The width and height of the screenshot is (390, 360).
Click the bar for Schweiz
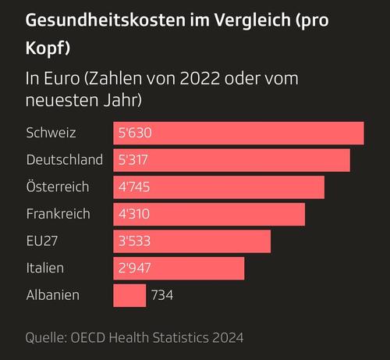pyautogui.click(x=239, y=133)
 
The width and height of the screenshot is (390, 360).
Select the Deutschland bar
pyautogui.click(x=232, y=160)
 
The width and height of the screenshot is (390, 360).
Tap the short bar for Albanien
pyautogui.click(x=129, y=295)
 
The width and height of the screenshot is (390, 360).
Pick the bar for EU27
pyautogui.click(x=192, y=241)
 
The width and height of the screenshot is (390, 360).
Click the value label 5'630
pyautogui.click(x=135, y=133)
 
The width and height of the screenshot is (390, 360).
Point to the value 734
pyautogui.click(x=162, y=295)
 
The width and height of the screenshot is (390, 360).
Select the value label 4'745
pyautogui.click(x=134, y=187)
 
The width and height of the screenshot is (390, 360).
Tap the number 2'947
pyautogui.click(x=134, y=268)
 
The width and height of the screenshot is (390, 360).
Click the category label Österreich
pyautogui.click(x=58, y=187)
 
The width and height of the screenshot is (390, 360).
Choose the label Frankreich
pyautogui.click(x=58, y=214)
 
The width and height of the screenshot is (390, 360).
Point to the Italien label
pyautogui.click(x=45, y=268)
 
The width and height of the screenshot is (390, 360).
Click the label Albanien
pyautogui.click(x=53, y=295)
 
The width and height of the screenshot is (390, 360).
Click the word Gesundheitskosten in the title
pyautogui.click(x=105, y=20)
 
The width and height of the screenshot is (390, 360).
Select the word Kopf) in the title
pyautogui.click(x=48, y=48)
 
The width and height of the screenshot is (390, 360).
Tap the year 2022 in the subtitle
pyautogui.click(x=200, y=78)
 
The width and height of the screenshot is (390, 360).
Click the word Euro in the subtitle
pyautogui.click(x=62, y=78)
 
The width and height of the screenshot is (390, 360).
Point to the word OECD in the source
pyautogui.click(x=88, y=337)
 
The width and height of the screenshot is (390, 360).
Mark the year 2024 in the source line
pyautogui.click(x=228, y=337)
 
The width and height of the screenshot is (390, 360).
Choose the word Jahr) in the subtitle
pyautogui.click(x=122, y=100)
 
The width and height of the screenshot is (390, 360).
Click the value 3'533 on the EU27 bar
pyautogui.click(x=134, y=241)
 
